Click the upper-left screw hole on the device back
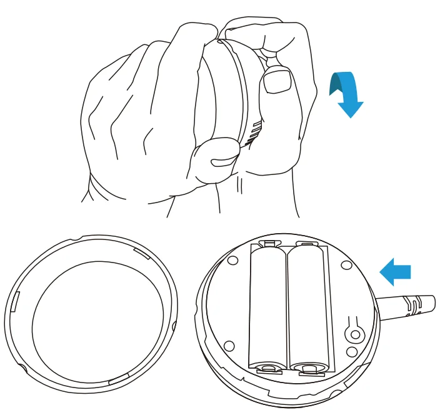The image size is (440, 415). click(231, 259)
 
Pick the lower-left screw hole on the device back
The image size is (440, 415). click(229, 344)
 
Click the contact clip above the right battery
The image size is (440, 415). click(306, 243)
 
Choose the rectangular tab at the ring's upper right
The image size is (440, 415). click(140, 252)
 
